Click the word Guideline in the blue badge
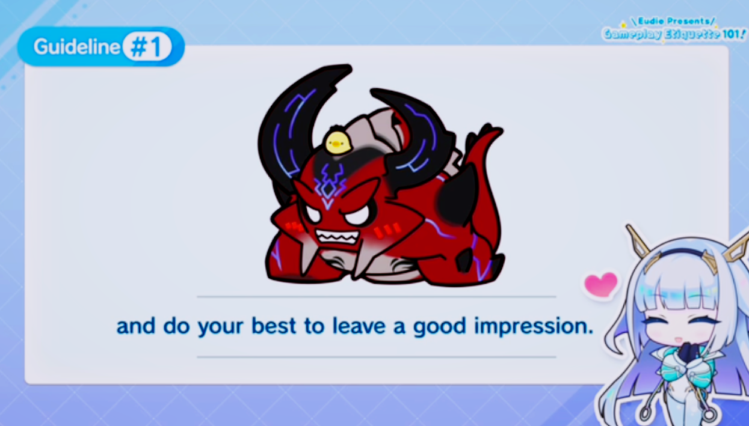tap(76, 47)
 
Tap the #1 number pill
tap(147, 47)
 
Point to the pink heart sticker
tap(601, 284)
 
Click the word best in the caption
tap(274, 326)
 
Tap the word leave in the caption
tap(359, 326)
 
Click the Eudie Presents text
tap(673, 22)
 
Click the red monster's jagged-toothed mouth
tap(337, 238)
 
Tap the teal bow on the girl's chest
tap(685, 371)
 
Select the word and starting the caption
tap(136, 326)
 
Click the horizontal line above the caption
tap(377, 296)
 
